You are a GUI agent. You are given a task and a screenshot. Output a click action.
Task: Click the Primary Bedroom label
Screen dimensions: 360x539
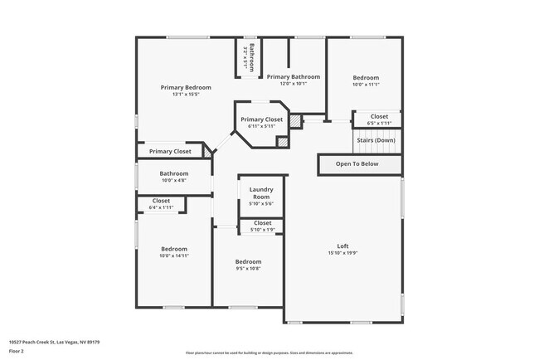(x=186, y=87)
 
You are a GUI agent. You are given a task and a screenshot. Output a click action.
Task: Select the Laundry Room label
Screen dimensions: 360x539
(x=261, y=194)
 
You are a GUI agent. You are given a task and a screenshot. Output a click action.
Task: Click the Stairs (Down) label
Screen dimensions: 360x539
(x=376, y=140)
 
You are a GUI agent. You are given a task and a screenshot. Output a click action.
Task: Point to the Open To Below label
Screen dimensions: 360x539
(x=357, y=164)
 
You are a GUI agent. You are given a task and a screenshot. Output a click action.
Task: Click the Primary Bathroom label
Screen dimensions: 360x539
(x=293, y=76)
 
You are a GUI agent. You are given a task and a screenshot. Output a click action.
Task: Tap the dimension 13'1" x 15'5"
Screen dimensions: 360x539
(x=186, y=95)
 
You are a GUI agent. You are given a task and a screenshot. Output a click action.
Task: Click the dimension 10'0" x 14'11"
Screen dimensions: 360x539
(x=174, y=256)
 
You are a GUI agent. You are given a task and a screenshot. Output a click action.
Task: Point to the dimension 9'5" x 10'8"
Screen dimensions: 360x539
(x=249, y=269)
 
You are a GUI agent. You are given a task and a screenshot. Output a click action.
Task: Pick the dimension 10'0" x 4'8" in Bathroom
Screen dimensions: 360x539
(x=174, y=180)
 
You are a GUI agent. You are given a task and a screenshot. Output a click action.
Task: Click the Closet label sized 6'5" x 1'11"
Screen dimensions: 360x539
(x=379, y=116)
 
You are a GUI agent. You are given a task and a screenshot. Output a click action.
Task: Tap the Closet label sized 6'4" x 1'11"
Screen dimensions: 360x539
(x=161, y=201)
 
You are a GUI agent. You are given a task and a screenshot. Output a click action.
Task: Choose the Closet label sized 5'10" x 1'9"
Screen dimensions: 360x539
(x=262, y=223)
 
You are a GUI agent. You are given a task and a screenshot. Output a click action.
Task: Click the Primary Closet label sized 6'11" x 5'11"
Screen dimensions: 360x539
(x=262, y=119)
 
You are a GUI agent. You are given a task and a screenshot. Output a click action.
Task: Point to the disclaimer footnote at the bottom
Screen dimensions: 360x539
(x=269, y=353)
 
